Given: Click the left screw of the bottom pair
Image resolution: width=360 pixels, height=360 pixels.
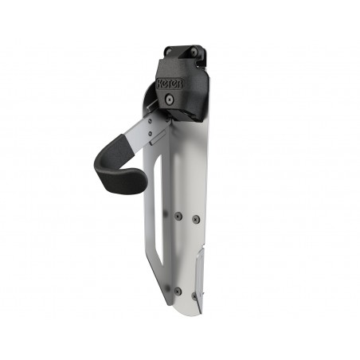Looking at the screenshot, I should [x=177, y=290].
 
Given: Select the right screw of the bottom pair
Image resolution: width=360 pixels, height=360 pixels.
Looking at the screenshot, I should [x=193, y=295].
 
